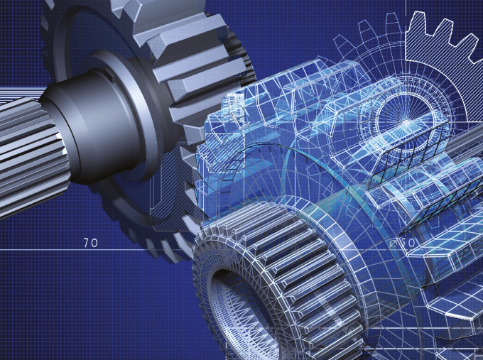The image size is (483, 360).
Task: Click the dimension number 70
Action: coord(90,243)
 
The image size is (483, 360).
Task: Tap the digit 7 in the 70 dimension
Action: coord(86,243)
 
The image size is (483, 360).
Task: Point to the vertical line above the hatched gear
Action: coord(408,11)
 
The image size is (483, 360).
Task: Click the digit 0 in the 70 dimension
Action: coord(94,243)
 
